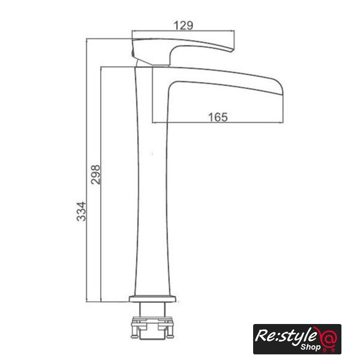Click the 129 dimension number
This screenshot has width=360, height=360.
tap(183, 25)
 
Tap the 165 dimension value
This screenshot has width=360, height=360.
tap(218, 117)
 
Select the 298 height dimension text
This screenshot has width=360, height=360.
tap(96, 174)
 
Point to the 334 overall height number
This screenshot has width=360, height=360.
tap(81, 211)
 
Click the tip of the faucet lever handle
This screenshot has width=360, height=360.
tap(232, 50)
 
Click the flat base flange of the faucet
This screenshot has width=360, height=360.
tap(152, 299)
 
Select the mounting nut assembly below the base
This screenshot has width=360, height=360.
tap(151, 327)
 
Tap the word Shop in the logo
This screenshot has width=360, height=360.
tap(310, 347)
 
